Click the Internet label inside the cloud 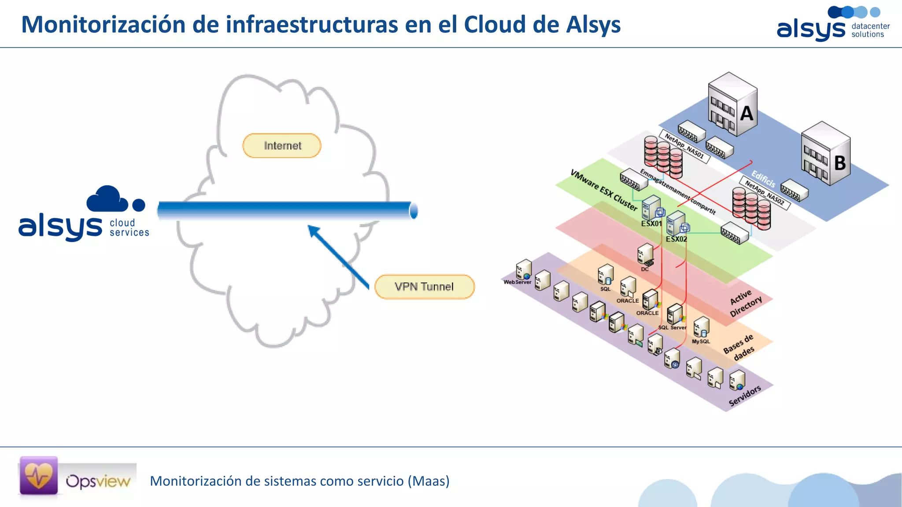(x=282, y=146)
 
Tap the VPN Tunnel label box (x=424, y=287)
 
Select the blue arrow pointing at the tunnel (x=338, y=257)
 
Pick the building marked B (x=825, y=154)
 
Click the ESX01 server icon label (x=651, y=224)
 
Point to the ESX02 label (x=676, y=239)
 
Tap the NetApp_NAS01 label (x=684, y=147)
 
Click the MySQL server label (x=701, y=342)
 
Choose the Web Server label (x=518, y=282)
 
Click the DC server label (x=645, y=269)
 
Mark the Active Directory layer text (x=745, y=303)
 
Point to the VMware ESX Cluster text (x=603, y=190)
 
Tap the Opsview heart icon (x=39, y=476)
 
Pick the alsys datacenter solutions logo (x=832, y=25)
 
